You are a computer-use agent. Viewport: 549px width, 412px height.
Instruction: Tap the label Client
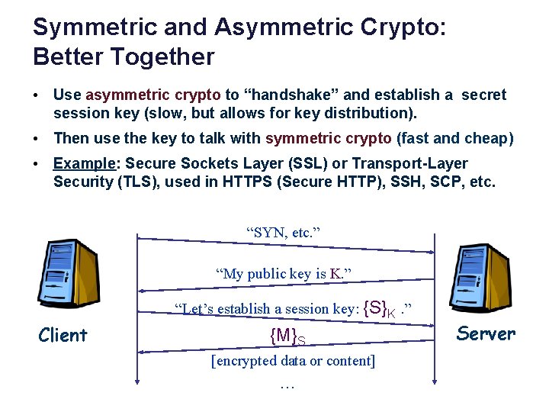[63, 335]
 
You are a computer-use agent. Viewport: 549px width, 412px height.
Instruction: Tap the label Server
[486, 333]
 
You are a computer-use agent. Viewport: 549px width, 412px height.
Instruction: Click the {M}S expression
[287, 335]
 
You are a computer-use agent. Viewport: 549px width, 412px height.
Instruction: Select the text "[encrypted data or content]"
[293, 360]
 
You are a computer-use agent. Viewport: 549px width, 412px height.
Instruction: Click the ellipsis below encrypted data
[287, 385]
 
